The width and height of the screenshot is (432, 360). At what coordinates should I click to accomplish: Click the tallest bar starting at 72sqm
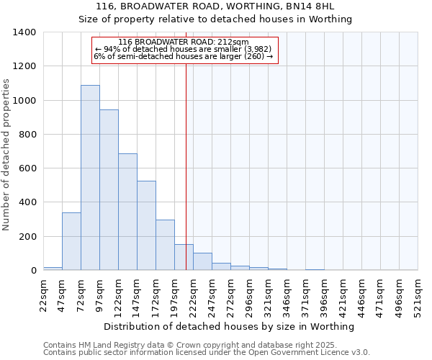(90, 178)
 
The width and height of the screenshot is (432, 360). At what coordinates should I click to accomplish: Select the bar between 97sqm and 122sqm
(109, 190)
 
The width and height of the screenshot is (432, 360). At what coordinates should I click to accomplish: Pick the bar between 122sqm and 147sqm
(127, 212)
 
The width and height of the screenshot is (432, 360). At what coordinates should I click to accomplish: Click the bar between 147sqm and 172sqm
(146, 225)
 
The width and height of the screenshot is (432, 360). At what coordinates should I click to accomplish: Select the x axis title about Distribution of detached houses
(230, 327)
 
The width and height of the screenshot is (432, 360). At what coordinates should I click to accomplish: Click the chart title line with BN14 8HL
(215, 6)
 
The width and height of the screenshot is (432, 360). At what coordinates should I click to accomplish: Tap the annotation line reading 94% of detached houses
(184, 49)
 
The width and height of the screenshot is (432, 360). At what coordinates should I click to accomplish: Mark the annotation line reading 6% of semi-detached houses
(184, 56)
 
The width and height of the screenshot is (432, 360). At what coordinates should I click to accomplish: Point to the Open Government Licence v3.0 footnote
(207, 353)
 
